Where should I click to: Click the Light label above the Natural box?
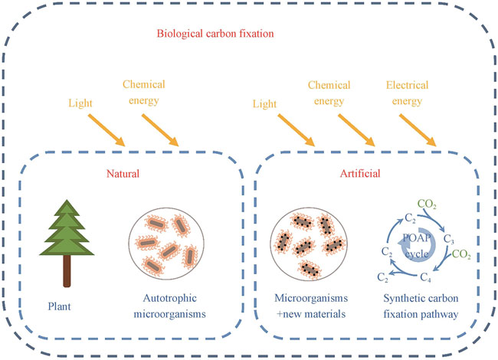(83, 102)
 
